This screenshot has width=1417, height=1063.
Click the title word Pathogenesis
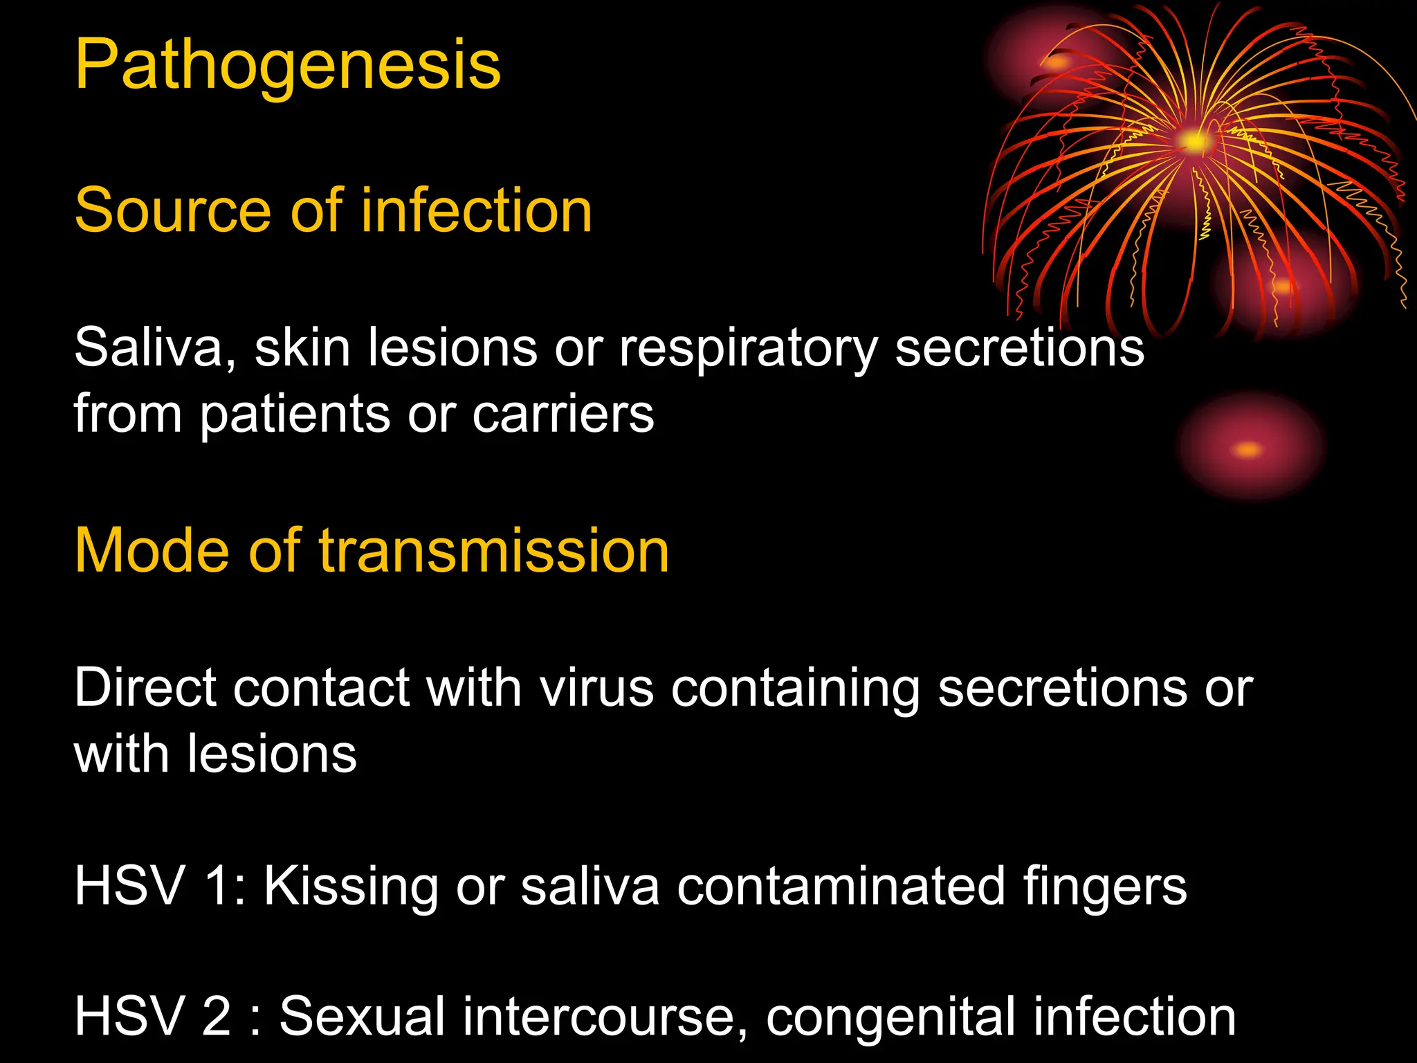(287, 66)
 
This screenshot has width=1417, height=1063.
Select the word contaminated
(841, 887)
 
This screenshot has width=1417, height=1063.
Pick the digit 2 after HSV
(217, 1016)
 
